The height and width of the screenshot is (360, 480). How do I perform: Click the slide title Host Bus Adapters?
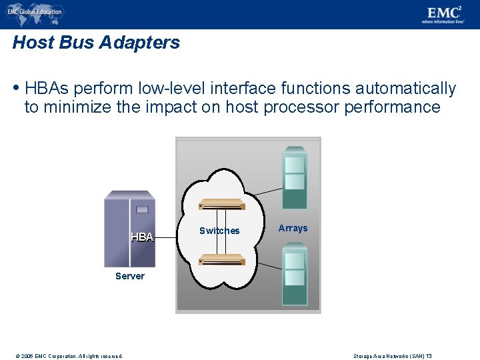point(96,43)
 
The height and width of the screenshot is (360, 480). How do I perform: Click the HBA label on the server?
point(142,237)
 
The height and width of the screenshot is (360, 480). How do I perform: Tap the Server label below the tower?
point(129,276)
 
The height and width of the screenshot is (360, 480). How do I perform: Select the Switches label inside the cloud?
point(219,231)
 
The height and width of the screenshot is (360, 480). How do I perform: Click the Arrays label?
point(293,228)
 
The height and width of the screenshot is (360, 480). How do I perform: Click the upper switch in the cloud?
point(223,205)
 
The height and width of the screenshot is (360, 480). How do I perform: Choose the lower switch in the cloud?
point(223,259)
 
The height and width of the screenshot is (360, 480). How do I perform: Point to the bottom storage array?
point(294,273)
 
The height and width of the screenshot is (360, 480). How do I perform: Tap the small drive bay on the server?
point(142,209)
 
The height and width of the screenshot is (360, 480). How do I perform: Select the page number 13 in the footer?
point(429,356)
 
